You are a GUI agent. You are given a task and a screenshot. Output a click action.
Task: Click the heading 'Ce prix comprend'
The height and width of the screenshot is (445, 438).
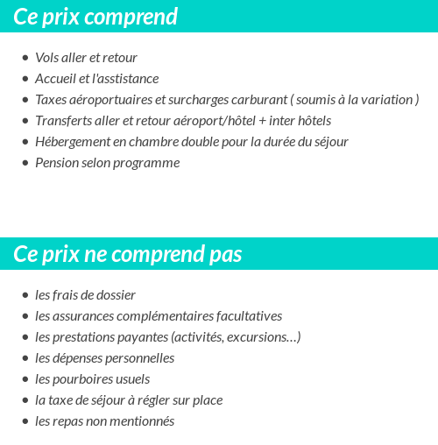coord(95,17)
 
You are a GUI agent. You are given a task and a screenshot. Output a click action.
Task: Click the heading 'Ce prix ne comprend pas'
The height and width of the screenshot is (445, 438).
coord(128,254)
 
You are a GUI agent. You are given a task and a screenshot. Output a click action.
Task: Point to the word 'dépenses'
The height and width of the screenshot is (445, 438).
coord(76,358)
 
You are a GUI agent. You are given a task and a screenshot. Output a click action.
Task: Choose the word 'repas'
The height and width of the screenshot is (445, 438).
coord(65,421)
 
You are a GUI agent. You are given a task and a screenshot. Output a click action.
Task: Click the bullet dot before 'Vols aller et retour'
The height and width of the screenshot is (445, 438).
coord(25,58)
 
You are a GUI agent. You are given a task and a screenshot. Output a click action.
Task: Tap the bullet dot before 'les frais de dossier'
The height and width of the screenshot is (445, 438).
coord(25,295)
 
